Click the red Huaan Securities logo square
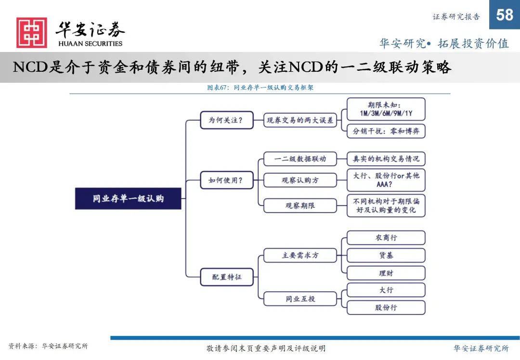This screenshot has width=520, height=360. click(x=32, y=33)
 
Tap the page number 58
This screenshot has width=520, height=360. click(x=505, y=15)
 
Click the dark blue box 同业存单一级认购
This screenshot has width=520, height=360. click(x=128, y=199)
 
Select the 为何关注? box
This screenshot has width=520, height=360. click(x=227, y=120)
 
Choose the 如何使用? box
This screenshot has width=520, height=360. click(x=227, y=180)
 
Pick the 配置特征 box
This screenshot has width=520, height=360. click(x=227, y=277)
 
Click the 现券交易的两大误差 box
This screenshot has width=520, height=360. click(x=300, y=120)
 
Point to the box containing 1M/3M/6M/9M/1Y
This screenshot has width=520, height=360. click(x=386, y=109)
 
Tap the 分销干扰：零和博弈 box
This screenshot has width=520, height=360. click(x=386, y=131)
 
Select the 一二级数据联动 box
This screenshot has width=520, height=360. click(x=300, y=159)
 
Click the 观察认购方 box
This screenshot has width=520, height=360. click(x=300, y=180)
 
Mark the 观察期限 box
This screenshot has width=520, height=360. click(x=300, y=206)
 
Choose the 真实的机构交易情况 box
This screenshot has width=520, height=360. click(x=386, y=159)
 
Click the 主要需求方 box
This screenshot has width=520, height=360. click(x=300, y=255)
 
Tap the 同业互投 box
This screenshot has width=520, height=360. click(x=300, y=299)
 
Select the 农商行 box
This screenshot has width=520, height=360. click(x=386, y=238)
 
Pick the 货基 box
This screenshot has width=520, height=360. click(x=386, y=255)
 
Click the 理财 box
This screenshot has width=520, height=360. click(x=386, y=273)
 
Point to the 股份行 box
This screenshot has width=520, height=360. click(x=386, y=308)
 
